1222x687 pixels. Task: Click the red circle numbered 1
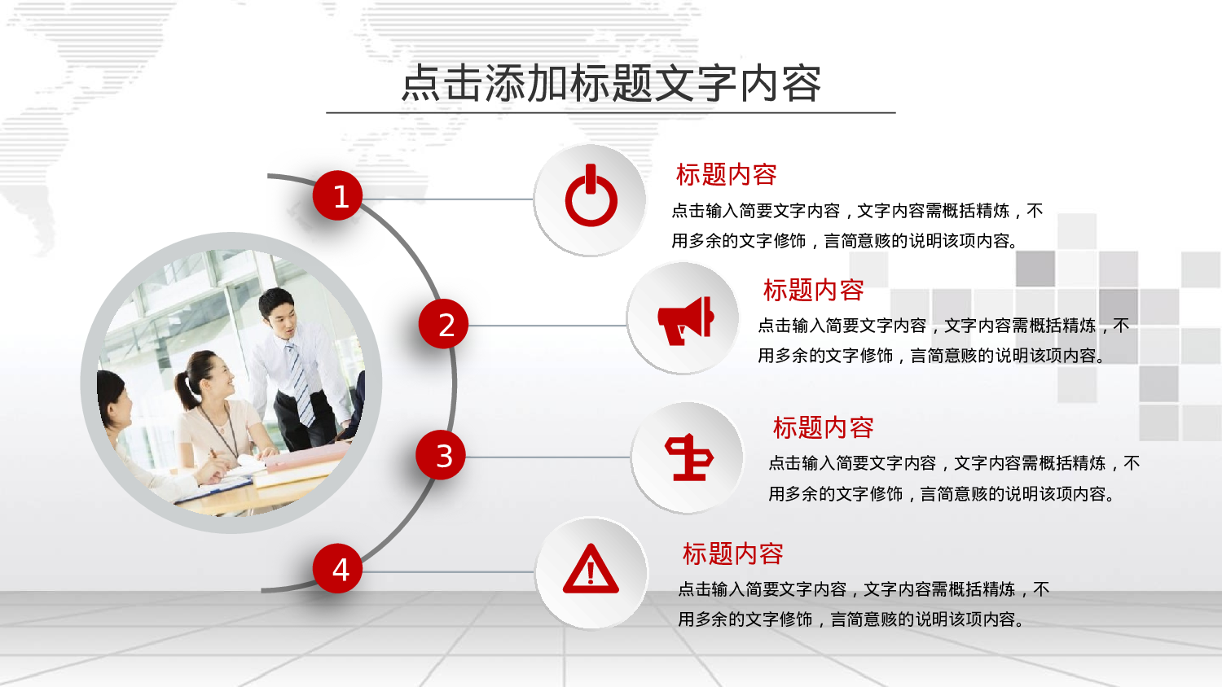(x=338, y=195)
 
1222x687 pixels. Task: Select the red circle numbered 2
(x=443, y=324)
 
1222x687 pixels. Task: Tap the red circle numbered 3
(x=441, y=455)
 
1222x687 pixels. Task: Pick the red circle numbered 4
(x=338, y=568)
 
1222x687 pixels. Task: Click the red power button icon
(x=591, y=195)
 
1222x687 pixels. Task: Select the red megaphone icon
(x=686, y=322)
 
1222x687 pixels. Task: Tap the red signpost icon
(x=688, y=457)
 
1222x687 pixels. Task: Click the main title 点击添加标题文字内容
(x=611, y=83)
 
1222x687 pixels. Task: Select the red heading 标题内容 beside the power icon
(x=726, y=174)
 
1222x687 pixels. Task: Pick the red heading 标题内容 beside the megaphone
(x=813, y=290)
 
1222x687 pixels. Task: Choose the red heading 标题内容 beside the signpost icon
(x=823, y=427)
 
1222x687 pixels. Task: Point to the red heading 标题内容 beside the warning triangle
(x=732, y=554)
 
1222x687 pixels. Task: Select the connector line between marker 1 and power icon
(x=447, y=199)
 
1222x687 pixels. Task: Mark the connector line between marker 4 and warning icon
(x=448, y=572)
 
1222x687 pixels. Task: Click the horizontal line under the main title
(x=611, y=113)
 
